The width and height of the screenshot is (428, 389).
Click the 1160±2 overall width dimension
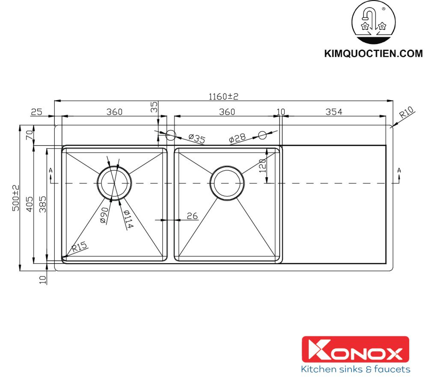coord(223,97)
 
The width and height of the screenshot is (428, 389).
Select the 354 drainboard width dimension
coord(334,112)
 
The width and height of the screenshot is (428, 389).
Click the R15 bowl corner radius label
coord(79,246)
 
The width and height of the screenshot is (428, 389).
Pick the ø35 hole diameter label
coord(196,138)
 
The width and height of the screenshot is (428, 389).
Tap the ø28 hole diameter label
coord(237,138)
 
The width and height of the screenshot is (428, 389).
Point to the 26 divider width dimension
coord(193,216)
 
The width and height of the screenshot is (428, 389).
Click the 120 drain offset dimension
coord(263,165)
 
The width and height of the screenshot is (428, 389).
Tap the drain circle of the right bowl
coord(227,183)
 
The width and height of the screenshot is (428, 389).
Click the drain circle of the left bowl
coord(114,182)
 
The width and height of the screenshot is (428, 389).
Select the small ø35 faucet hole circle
coord(170,136)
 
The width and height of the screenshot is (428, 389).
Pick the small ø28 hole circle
coord(262,135)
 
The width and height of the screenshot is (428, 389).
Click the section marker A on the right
coord(399,170)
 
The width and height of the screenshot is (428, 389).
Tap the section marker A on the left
coord(51,170)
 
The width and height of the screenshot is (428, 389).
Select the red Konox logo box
coord(356,349)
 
